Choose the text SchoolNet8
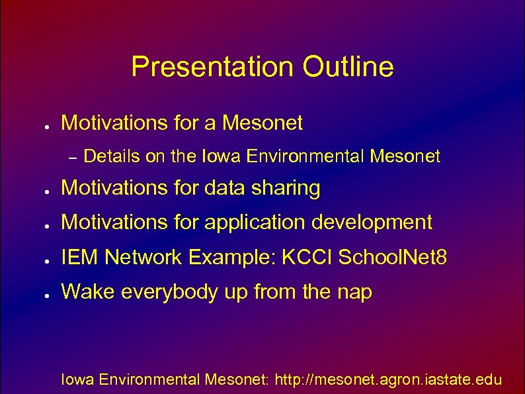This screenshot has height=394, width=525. coord(392,258)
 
